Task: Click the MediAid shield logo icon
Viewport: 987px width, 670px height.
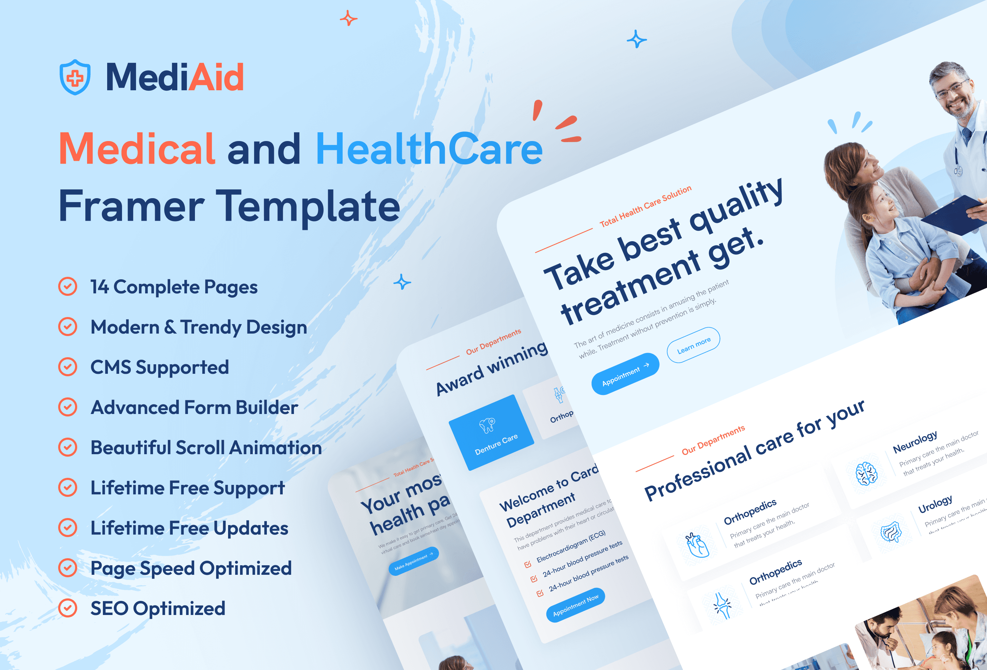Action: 75,77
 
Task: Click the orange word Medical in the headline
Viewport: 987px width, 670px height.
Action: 137,149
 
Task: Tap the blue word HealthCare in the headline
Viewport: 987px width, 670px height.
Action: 429,149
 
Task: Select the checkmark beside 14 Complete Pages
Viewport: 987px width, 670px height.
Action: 68,286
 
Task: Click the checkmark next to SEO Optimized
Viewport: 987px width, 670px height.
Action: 68,608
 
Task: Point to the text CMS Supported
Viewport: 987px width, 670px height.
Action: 160,367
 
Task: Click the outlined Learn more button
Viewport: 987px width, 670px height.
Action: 693,345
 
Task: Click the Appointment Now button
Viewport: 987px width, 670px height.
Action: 576,605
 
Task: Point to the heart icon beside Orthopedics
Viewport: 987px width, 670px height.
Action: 697,545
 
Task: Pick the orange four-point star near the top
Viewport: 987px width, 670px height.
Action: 348,18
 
